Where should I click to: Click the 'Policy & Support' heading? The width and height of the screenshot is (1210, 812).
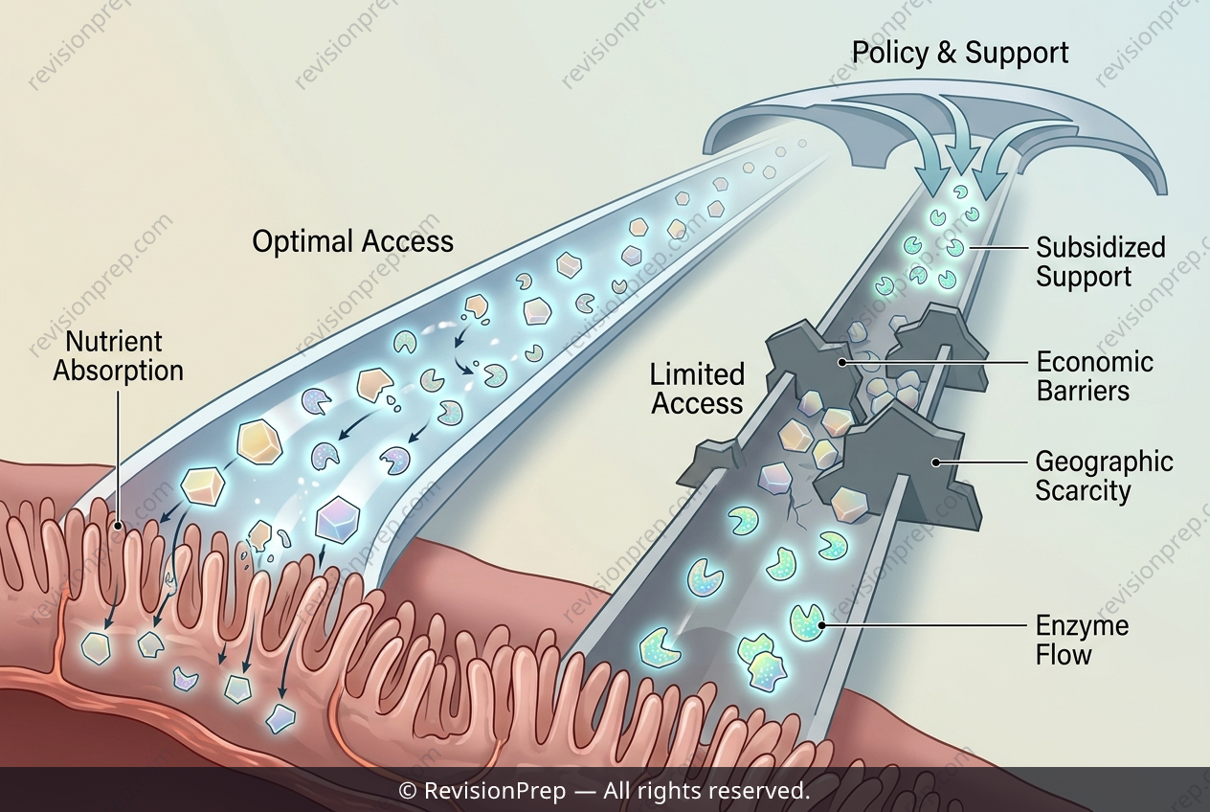(960, 54)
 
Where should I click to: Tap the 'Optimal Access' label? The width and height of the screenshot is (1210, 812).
(352, 241)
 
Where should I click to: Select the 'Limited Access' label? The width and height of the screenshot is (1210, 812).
(697, 390)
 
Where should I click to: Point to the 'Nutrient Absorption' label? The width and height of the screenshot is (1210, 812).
(119, 356)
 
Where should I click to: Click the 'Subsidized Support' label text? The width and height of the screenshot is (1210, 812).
(1100, 262)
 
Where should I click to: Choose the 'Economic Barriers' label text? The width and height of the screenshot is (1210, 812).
(1095, 376)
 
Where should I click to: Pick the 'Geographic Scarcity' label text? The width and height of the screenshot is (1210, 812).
(1104, 477)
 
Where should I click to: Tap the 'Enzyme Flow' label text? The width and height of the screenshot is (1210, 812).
(1082, 641)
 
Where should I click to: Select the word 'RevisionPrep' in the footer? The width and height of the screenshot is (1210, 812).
(495, 792)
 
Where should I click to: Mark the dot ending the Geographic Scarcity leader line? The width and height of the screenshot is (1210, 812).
(935, 462)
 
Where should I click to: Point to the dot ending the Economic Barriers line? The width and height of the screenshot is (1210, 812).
(842, 363)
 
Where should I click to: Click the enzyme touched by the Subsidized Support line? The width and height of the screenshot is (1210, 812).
(954, 248)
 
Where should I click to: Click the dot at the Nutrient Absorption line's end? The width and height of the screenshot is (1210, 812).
(118, 525)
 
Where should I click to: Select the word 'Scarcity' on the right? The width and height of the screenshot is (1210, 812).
(1083, 491)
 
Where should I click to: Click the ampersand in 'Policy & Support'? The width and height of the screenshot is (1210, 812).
(946, 53)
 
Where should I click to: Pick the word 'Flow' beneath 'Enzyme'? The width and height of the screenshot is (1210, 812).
(1064, 655)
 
